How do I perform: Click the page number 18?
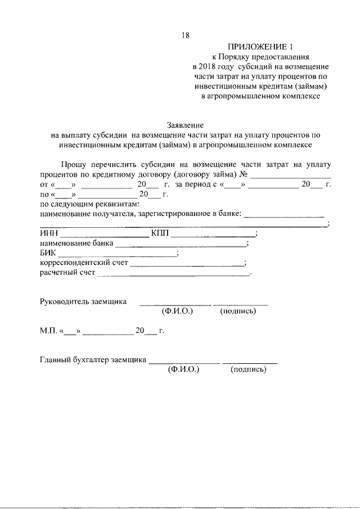coord(185,35)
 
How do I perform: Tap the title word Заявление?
coord(185,125)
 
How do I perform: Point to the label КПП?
coord(160,233)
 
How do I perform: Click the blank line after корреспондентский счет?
coord(187,265)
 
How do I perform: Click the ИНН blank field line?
coord(104,236)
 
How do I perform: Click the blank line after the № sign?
coord(287,177)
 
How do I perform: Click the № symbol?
coord(244,174)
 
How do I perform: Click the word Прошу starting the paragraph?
coord(71,164)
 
